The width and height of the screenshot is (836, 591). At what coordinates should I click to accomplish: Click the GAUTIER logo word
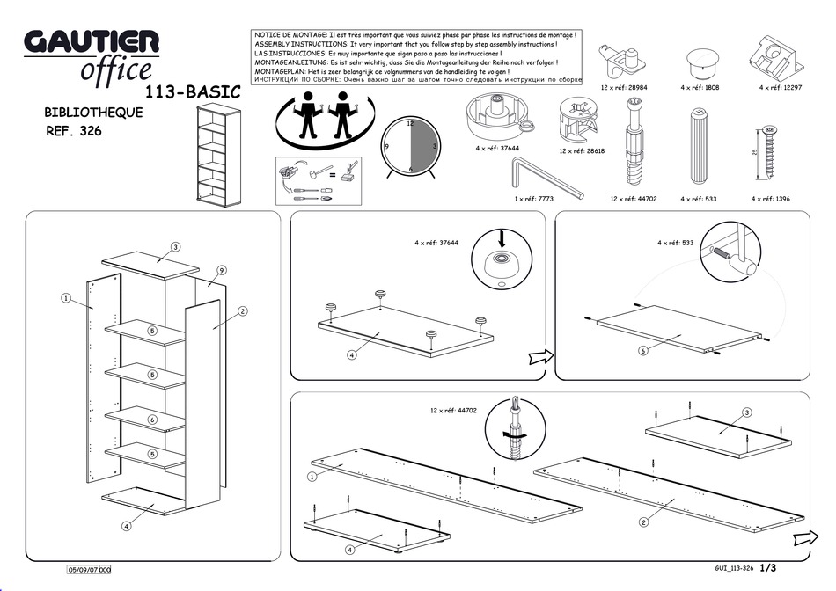[x=91, y=41]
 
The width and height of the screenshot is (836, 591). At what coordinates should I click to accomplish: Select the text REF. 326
[x=73, y=132]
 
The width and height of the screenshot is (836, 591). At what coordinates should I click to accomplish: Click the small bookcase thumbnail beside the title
[x=217, y=153]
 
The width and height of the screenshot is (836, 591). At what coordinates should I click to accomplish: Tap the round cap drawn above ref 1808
[x=700, y=61]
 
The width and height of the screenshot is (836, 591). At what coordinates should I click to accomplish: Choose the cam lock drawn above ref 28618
[x=578, y=124]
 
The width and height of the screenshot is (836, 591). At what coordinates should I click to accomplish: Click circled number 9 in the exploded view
[x=222, y=270]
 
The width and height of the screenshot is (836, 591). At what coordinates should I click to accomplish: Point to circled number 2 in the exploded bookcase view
[x=242, y=310]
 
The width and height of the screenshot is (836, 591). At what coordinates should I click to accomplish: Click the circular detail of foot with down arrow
[x=502, y=259]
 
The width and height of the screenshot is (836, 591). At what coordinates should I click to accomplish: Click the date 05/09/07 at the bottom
[x=83, y=570]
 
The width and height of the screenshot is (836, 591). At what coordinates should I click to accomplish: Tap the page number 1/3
[x=768, y=569]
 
